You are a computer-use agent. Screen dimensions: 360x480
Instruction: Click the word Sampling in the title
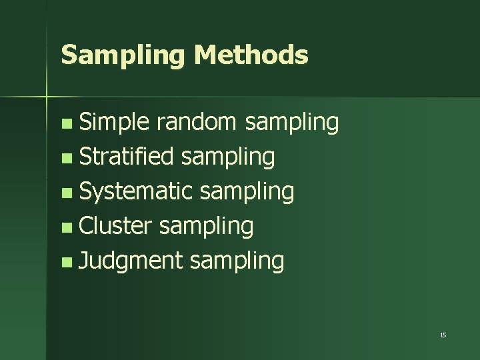coord(123,55)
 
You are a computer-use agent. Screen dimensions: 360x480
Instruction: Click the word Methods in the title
coord(251,55)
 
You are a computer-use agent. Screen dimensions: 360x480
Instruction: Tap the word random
coord(197,122)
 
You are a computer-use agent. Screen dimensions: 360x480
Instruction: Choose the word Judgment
coord(131,261)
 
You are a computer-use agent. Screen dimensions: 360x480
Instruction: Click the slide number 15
coord(443,335)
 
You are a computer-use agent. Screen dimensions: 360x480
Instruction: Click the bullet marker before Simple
coord(65,124)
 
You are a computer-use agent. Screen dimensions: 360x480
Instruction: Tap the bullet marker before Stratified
coord(65,159)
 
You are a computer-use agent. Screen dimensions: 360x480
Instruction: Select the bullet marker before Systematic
coord(65,193)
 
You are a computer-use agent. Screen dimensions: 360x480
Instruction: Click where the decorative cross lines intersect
coord(47,97)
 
